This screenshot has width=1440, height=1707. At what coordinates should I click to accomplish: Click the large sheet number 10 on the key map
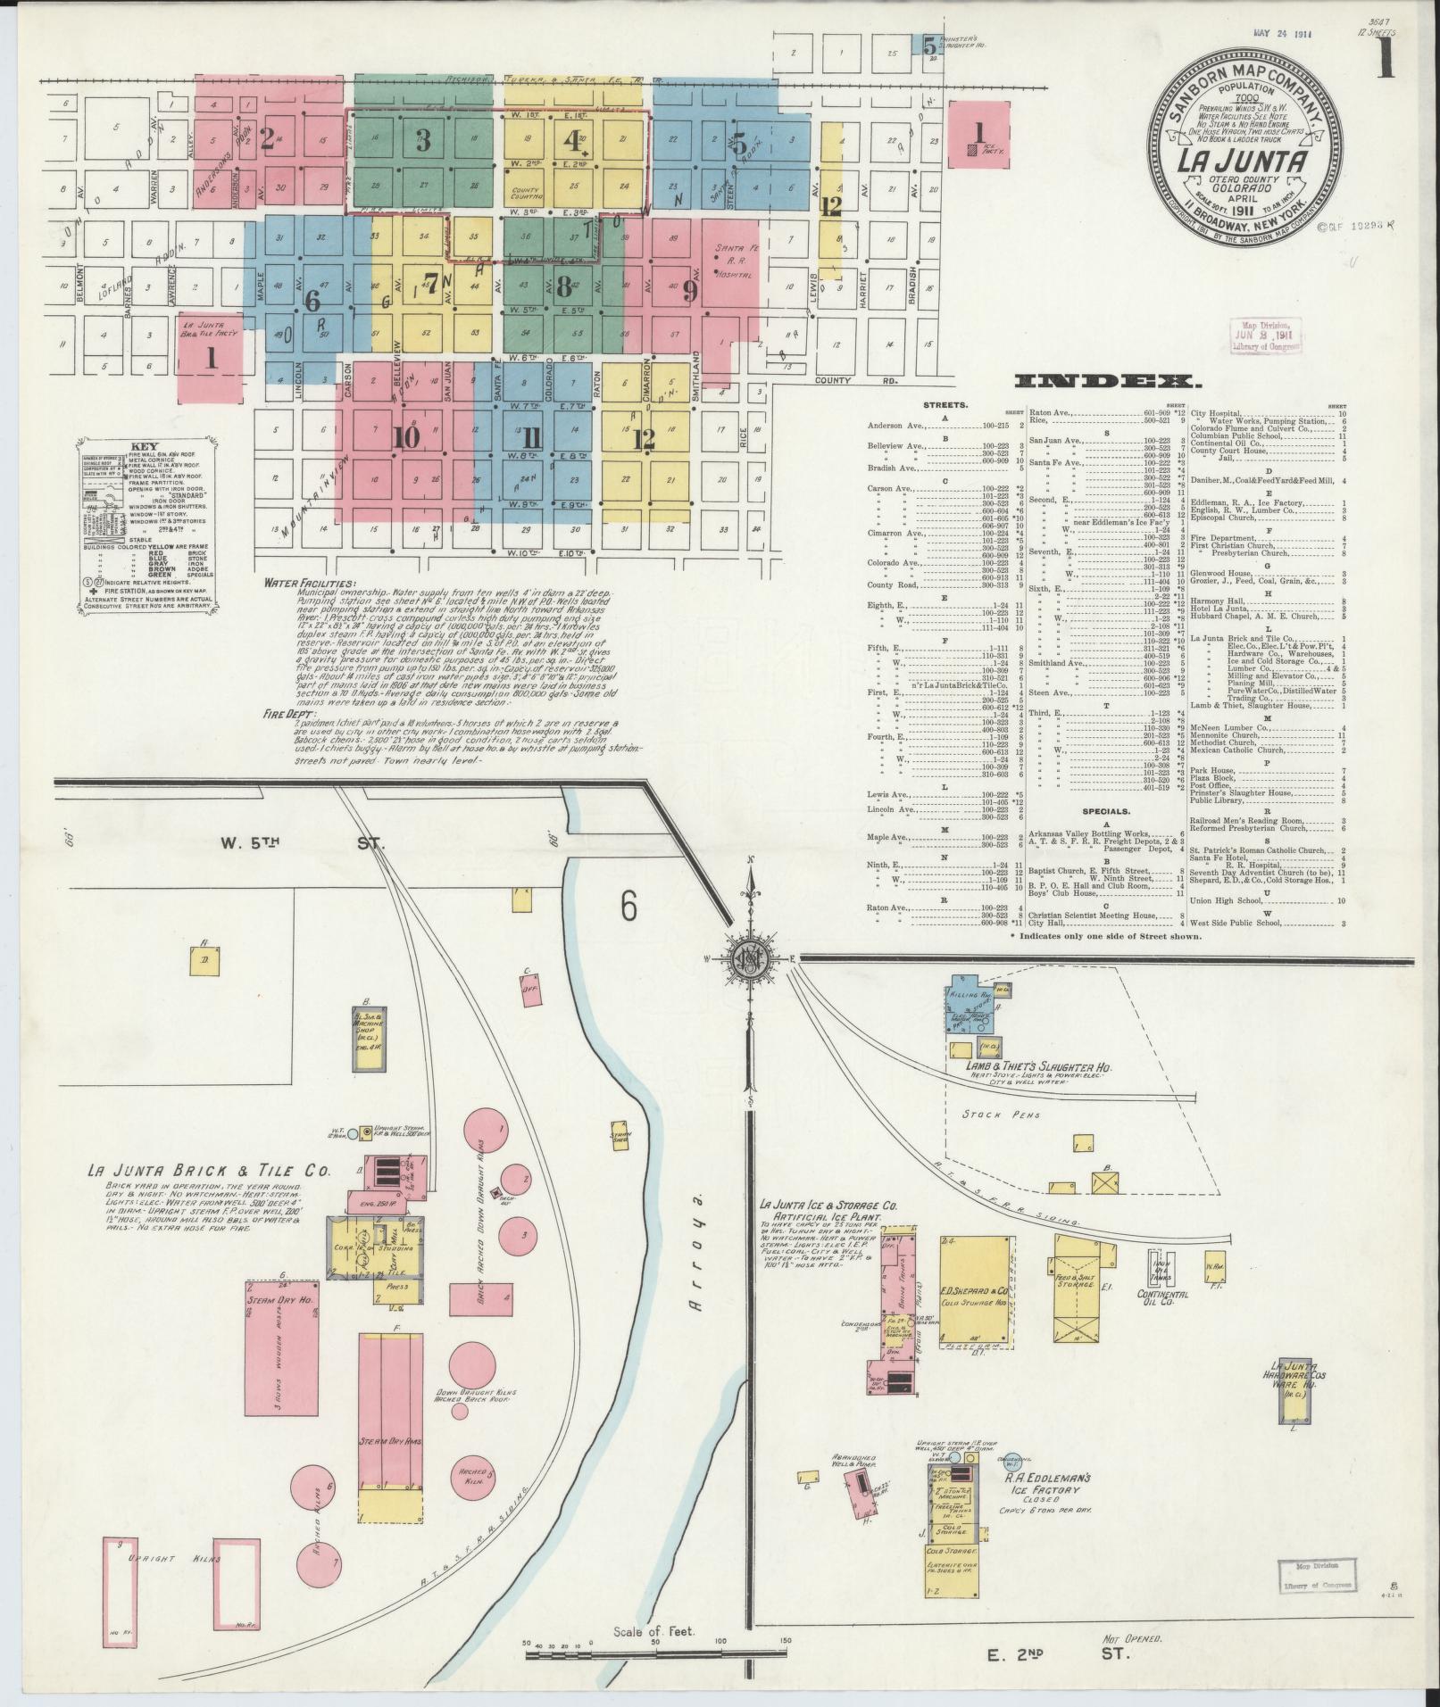pyautogui.click(x=404, y=437)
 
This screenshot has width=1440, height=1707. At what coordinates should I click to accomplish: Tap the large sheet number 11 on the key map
pyautogui.click(x=532, y=437)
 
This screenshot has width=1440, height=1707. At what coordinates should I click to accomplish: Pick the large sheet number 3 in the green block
pyautogui.click(x=422, y=140)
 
